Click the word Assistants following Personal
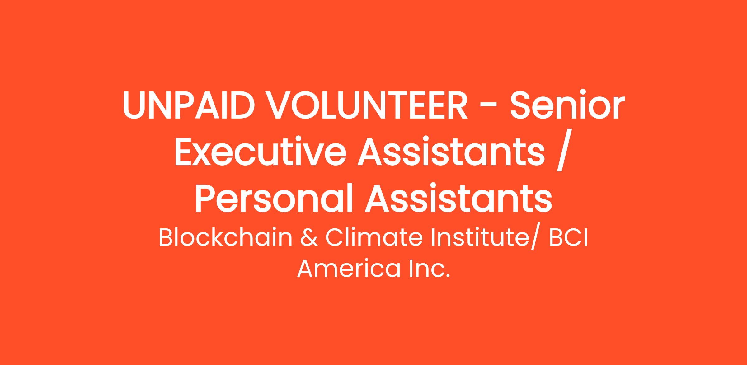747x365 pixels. (x=459, y=198)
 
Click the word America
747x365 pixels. (x=349, y=269)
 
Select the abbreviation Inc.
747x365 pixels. (x=430, y=269)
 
